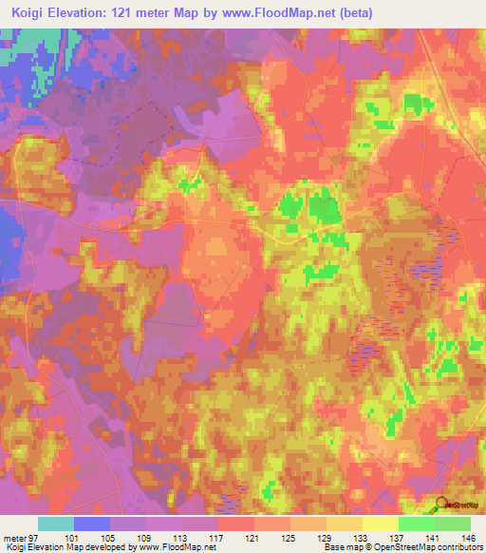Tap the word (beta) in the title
pos(353,12)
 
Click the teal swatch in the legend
pos(56,524)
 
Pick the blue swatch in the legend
pos(92,524)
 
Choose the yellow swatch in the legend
pos(380,524)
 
